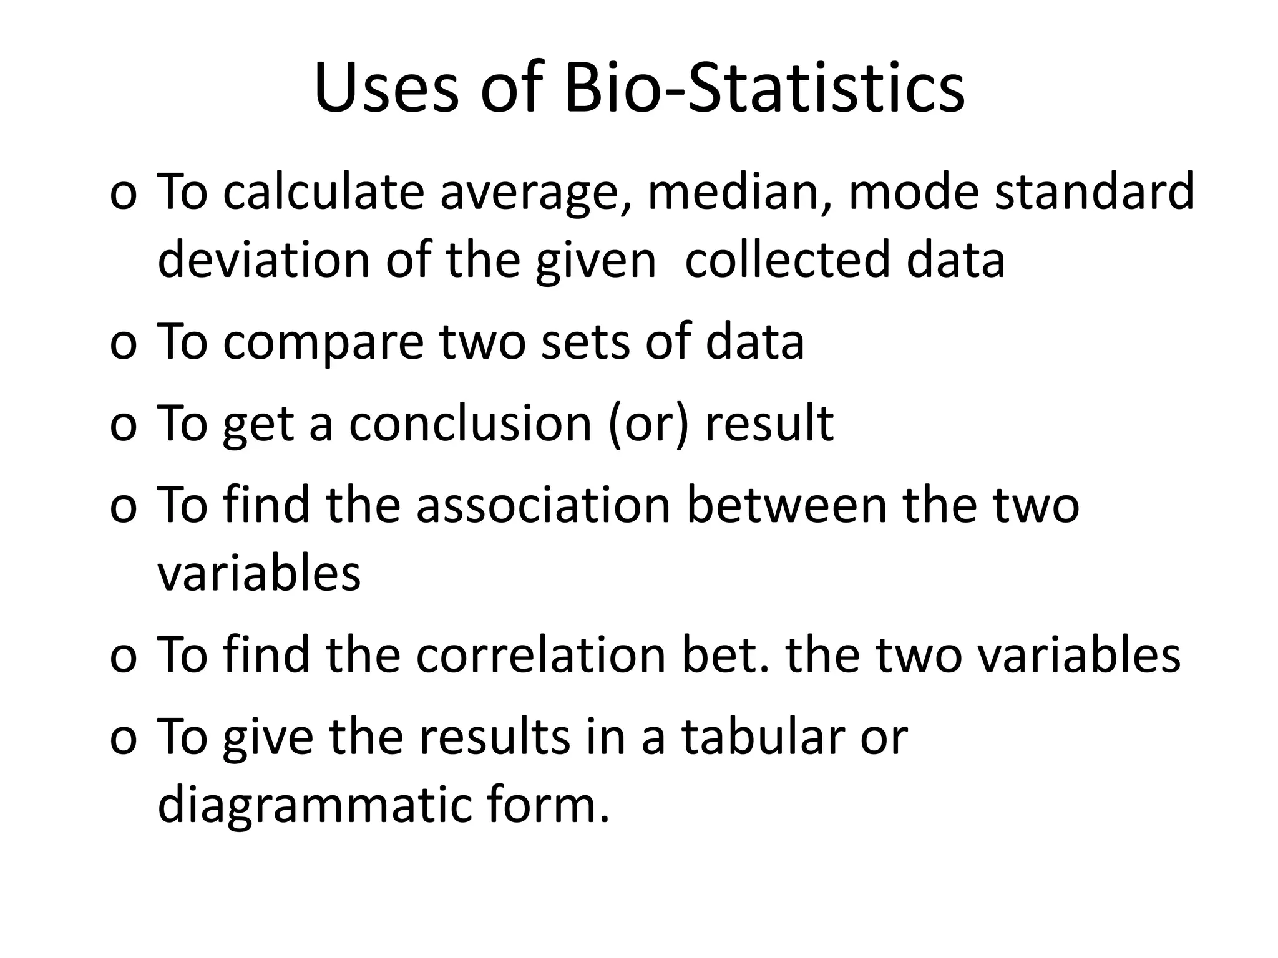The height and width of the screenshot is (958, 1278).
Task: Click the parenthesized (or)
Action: coord(649,424)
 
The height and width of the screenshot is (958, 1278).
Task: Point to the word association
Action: coord(543,505)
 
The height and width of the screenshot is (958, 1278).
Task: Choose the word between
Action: coord(786,505)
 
